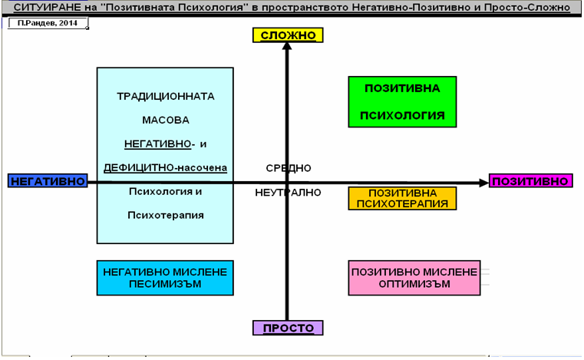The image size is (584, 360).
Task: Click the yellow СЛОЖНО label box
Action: coord(288,35)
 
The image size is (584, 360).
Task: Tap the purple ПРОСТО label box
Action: coord(288,328)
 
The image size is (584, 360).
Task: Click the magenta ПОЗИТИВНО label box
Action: coord(532,181)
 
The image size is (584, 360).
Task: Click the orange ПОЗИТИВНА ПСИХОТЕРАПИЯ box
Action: coord(403,198)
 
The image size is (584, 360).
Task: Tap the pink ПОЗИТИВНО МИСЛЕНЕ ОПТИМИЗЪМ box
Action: coord(414,278)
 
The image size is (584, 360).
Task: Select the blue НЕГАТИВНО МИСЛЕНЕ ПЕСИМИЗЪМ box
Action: coord(165,278)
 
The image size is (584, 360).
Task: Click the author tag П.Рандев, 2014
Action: coord(48,25)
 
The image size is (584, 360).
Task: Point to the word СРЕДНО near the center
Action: coord(289,167)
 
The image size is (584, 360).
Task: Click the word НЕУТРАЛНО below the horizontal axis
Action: coord(288,193)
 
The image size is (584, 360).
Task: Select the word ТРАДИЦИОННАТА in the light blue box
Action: coord(165,97)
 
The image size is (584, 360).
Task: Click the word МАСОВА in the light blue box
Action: coord(165,121)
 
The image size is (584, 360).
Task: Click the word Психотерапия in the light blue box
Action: coord(165,215)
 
